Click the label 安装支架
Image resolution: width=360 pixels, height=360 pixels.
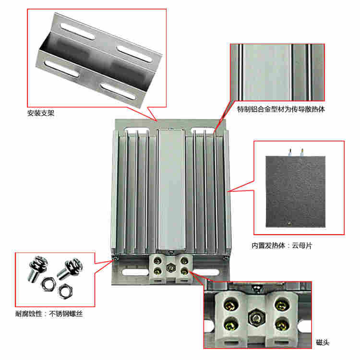point(41,113)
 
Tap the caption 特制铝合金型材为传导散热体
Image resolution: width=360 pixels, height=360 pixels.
point(281,109)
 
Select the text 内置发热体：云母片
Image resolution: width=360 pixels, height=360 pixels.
point(282,246)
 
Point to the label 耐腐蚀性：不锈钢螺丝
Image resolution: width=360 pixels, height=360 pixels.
point(49,313)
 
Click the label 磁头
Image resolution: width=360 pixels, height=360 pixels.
point(323,343)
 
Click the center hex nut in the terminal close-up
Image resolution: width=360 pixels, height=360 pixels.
point(257,318)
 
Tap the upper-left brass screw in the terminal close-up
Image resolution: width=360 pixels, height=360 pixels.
point(231,304)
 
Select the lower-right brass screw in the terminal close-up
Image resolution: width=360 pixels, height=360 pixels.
point(282,324)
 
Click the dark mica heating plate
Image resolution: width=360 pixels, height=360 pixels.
point(296,192)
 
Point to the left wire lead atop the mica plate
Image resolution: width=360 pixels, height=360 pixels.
point(290,152)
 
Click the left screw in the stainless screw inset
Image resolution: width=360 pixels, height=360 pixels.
point(37,268)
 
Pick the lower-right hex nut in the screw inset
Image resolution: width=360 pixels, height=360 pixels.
point(65,291)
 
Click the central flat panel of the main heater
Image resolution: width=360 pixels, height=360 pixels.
point(171,190)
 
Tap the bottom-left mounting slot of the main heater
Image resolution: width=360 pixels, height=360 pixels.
point(135,273)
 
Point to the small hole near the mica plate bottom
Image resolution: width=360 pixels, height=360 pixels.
point(289,223)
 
